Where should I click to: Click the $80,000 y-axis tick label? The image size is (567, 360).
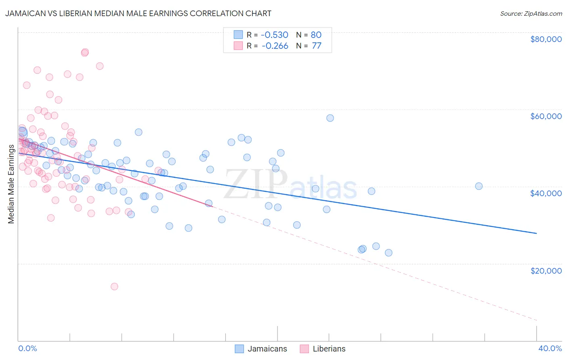pos(546,39)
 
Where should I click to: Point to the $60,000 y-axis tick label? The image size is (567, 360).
pos(546,116)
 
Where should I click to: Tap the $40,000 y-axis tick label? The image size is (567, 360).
pos(546,193)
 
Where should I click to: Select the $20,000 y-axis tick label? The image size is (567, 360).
pos(546,270)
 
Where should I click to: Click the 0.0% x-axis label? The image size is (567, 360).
pos(27,348)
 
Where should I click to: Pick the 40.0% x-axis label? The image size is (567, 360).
pos(550,348)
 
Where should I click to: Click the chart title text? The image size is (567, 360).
pos(138,13)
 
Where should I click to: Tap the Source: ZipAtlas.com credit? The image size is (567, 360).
pos(531,14)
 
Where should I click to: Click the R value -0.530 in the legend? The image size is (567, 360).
pos(275,35)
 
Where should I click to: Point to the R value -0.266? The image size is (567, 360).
pos(275,46)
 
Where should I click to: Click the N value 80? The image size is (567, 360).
pos(316,35)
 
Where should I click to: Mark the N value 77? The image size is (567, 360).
pos(316,46)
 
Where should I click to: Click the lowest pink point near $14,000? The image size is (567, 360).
pos(115,287)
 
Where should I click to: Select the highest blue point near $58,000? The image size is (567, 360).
pos(330,118)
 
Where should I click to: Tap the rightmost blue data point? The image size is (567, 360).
pos(479,186)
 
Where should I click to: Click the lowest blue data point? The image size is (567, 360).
pos(388,253)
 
